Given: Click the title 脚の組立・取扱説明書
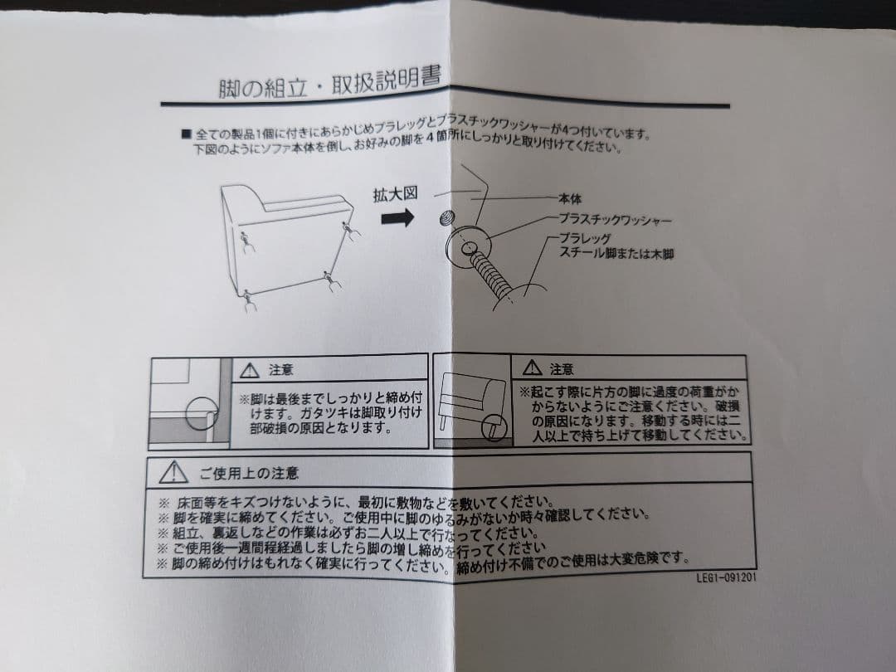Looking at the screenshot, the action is pyautogui.click(x=329, y=84).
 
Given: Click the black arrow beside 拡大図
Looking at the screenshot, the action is pyautogui.click(x=397, y=217).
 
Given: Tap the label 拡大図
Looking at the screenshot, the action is pyautogui.click(x=395, y=194).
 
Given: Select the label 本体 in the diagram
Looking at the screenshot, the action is pyautogui.click(x=570, y=199).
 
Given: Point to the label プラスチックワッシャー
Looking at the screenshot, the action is pyautogui.click(x=614, y=219).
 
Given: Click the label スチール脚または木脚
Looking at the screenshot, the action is pyautogui.click(x=616, y=252).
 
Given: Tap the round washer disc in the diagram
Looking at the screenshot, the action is pyautogui.click(x=469, y=246).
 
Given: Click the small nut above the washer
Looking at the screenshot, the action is pyautogui.click(x=447, y=217).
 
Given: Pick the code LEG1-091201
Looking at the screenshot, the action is pyautogui.click(x=726, y=577).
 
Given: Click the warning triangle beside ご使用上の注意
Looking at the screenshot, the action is pyautogui.click(x=173, y=472).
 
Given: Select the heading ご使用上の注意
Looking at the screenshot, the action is pyautogui.click(x=249, y=473).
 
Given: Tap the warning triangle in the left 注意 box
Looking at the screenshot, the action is pyautogui.click(x=250, y=370).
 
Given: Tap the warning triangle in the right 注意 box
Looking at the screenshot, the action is pyautogui.click(x=532, y=368).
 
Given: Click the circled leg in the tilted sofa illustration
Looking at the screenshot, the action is pyautogui.click(x=494, y=427).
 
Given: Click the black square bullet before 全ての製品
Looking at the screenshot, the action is pyautogui.click(x=186, y=134).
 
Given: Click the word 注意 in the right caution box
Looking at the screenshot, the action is pyautogui.click(x=562, y=369).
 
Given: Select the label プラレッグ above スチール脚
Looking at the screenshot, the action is pyautogui.click(x=585, y=238).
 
